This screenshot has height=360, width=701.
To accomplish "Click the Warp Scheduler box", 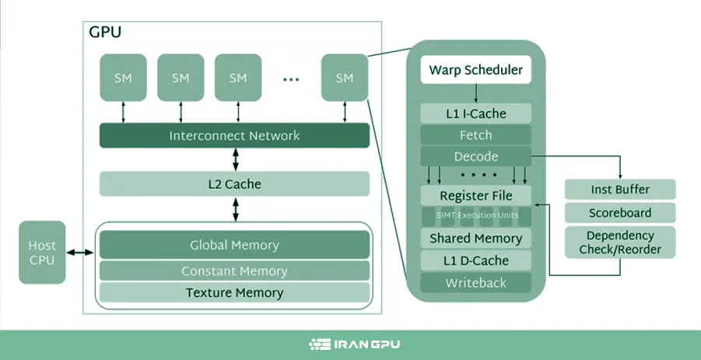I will click(x=476, y=71).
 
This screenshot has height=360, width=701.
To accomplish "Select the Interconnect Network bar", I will click(x=234, y=136).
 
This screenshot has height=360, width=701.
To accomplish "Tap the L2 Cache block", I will click(x=234, y=184).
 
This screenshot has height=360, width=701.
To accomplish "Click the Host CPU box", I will click(x=42, y=253).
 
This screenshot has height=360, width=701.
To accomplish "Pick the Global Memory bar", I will click(x=234, y=246).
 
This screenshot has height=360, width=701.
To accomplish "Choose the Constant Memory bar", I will click(x=234, y=271).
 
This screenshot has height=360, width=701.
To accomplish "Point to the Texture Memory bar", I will click(x=234, y=293).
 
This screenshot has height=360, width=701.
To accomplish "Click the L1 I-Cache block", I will click(x=476, y=114).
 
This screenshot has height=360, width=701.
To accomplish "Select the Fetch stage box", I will click(x=476, y=135).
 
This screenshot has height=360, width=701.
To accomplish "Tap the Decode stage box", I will click(x=476, y=156).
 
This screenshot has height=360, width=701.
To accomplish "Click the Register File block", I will click(x=476, y=195).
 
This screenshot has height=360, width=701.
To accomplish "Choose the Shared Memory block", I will click(x=476, y=239).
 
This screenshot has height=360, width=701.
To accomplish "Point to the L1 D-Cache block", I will click(x=476, y=260).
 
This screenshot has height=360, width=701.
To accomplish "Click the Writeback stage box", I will click(x=476, y=283).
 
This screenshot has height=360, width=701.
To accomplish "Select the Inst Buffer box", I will click(x=619, y=189).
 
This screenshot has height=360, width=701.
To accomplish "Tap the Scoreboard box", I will click(x=619, y=213).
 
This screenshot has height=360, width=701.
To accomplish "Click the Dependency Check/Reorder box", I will click(x=619, y=243).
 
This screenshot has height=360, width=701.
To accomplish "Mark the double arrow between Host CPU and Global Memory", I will click(x=80, y=253).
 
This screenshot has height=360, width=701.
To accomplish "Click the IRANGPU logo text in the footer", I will click(x=359, y=344).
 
